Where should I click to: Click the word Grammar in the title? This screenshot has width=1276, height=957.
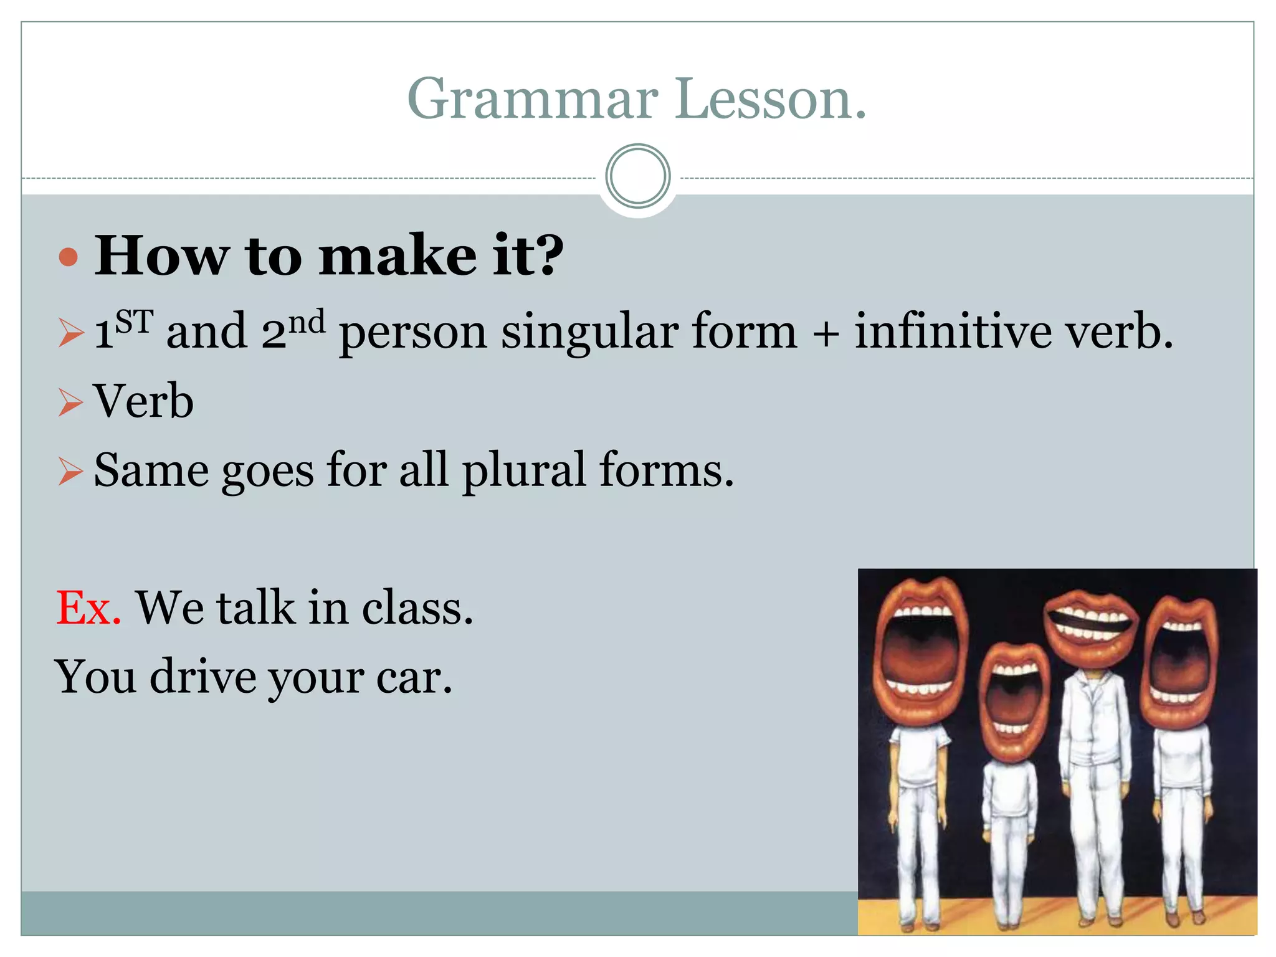533,100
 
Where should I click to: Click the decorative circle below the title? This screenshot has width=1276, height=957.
637,176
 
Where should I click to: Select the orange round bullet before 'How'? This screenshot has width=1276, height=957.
69,257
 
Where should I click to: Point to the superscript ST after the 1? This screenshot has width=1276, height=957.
134,322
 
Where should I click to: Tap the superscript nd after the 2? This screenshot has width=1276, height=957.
307,322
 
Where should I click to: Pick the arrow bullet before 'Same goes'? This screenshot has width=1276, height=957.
70,471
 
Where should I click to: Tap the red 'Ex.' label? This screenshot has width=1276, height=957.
88,607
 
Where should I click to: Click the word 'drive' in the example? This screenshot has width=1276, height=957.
203,677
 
